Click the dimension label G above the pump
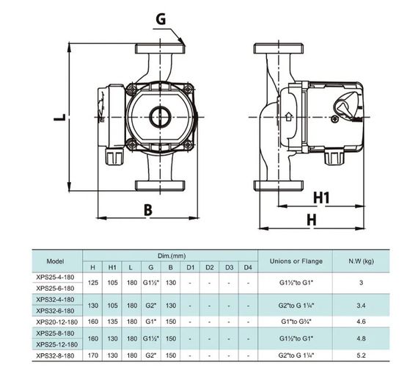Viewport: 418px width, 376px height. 161,19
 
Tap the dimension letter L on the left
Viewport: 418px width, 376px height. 59,117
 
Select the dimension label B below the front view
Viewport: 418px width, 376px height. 148,210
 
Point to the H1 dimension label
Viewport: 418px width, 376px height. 321,198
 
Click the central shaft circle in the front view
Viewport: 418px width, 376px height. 160,117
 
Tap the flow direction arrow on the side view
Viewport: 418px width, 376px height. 289,117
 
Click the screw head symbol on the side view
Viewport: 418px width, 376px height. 335,119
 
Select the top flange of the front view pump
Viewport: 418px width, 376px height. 160,48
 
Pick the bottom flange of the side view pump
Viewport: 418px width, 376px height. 279,185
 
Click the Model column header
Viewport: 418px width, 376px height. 55,261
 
